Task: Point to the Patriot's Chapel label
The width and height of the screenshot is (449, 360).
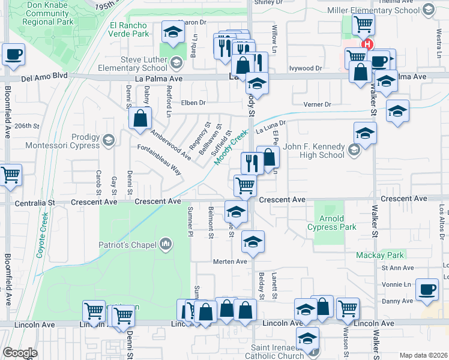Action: [130, 244]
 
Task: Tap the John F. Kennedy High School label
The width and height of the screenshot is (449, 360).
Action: [314, 151]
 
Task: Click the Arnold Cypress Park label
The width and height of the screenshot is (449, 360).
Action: [331, 223]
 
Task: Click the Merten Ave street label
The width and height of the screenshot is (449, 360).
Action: [231, 262]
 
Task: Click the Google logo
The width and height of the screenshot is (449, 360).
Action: [20, 352]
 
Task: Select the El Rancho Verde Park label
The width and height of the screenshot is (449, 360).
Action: [128, 30]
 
